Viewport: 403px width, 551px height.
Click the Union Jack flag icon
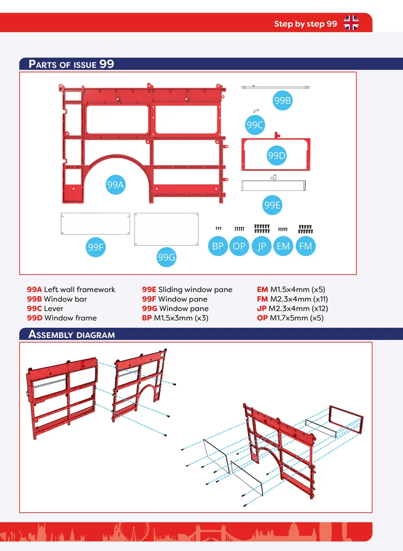(351, 23)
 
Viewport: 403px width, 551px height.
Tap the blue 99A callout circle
(115, 185)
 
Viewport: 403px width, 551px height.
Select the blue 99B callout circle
(283, 101)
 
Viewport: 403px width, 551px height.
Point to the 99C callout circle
(255, 125)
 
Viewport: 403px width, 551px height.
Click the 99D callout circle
(277, 156)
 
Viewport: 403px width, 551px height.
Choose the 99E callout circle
(273, 205)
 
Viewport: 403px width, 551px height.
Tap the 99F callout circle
(96, 247)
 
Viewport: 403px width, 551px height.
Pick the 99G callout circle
(167, 257)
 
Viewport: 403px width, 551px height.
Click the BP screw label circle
(218, 246)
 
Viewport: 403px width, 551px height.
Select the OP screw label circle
(239, 246)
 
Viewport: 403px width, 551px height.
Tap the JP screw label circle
(262, 246)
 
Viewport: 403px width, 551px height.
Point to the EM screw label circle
(283, 246)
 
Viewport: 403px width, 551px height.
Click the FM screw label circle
(306, 246)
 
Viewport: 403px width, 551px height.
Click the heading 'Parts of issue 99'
(72, 64)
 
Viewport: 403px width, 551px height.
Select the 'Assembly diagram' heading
(72, 334)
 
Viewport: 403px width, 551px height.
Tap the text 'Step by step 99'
(305, 24)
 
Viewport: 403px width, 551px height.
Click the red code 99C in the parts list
(34, 309)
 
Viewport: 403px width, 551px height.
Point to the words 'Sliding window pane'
(195, 290)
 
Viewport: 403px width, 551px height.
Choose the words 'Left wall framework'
(80, 290)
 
